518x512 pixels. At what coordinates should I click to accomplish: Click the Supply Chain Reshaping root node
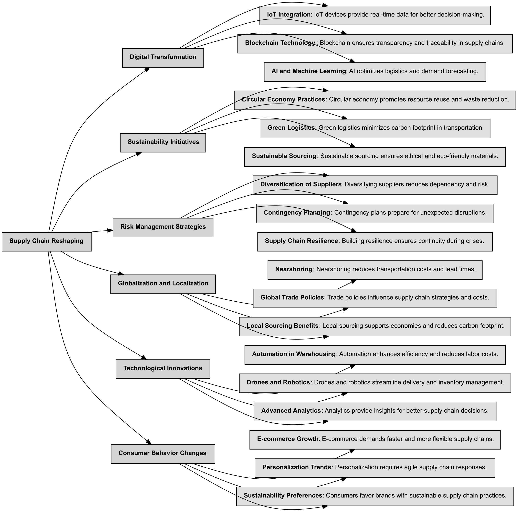click(47, 241)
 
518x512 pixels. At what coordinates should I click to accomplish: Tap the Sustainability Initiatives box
click(163, 142)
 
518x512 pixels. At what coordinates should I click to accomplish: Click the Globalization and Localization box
click(163, 284)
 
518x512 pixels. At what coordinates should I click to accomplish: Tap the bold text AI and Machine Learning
click(308, 72)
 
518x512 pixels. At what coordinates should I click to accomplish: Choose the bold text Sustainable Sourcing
click(284, 156)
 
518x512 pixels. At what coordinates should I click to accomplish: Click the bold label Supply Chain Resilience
click(301, 241)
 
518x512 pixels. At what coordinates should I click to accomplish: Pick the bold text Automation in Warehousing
click(294, 354)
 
